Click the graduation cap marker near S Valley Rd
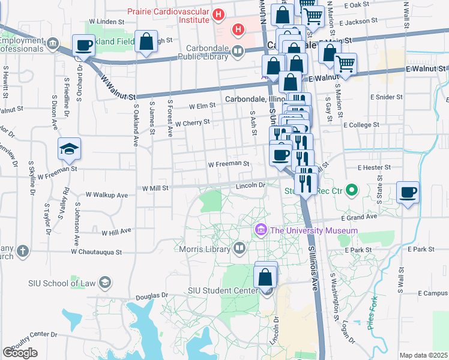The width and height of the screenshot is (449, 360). point(70,149)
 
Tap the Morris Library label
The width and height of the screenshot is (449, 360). point(205,249)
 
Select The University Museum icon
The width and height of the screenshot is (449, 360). point(261,230)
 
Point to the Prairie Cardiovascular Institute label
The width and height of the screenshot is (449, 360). point(167,16)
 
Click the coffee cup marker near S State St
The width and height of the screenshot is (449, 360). point(408,192)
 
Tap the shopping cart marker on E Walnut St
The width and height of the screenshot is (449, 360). point(345,64)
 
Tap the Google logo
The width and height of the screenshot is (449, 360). point(20,353)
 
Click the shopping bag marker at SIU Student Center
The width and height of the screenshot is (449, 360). point(265,278)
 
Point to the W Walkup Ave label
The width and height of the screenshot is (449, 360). point(107,195)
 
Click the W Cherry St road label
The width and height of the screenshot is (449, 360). point(192,122)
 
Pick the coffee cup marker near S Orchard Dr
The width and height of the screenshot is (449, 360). point(83,44)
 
